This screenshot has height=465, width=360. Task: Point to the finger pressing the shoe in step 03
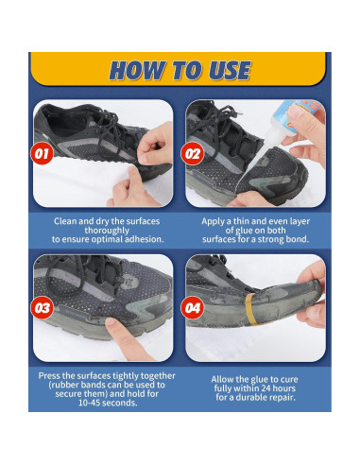(x=115, y=326)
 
